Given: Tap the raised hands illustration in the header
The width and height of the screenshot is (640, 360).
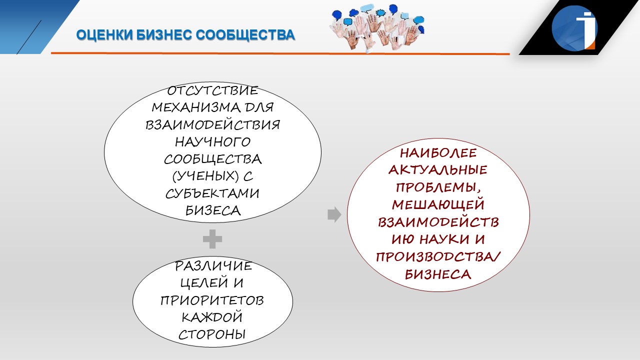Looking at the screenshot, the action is click(377, 28).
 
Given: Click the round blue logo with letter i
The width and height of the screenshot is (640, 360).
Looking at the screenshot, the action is click(574, 28).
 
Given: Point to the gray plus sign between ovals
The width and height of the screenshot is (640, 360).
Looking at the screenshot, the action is click(212, 239).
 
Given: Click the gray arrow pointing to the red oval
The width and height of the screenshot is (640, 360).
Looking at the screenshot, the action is click(334, 214).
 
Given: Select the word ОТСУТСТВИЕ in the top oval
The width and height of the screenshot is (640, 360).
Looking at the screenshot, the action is click(212, 91).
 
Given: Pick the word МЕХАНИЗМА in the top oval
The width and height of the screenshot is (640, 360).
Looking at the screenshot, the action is click(196, 107).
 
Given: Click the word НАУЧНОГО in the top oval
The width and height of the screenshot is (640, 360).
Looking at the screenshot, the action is click(212, 142).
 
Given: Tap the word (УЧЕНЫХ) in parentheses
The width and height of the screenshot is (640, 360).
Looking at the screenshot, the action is click(205, 176).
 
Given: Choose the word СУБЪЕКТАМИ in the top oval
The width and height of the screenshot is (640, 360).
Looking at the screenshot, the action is click(212, 193).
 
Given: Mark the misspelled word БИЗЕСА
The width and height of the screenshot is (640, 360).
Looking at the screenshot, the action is click(213, 211).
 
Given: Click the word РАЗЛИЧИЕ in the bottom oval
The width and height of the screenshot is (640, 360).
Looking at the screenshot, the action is click(213, 266).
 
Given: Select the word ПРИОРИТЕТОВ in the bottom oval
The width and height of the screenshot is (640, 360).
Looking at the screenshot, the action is click(212, 300).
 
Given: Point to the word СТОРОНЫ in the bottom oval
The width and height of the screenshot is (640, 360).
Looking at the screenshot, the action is click(212, 334).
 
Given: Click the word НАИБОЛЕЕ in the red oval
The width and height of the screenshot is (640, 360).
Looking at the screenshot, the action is click(438, 153).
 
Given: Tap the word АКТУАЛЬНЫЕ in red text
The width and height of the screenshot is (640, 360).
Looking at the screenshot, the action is click(437, 170).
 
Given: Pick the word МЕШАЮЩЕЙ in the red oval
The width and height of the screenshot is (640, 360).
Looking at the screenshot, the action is click(438, 205).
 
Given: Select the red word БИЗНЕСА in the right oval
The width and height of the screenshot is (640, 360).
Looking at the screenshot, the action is click(437, 274).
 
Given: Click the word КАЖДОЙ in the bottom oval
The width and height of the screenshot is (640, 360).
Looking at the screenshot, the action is click(212, 317).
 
